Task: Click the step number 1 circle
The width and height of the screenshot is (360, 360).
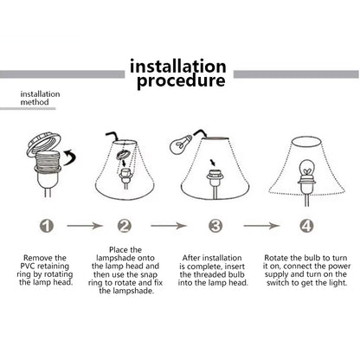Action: click(47, 226)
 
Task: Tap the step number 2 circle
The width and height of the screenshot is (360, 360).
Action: click(125, 226)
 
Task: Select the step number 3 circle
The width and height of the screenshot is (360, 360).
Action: click(215, 226)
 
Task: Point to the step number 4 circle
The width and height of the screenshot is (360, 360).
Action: click(306, 226)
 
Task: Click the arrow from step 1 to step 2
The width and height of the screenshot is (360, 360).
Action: click(85, 226)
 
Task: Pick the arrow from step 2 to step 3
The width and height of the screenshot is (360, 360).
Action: click(169, 226)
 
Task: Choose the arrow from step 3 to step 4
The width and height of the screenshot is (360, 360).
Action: click(262, 226)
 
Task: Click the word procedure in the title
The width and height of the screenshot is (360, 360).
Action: click(181, 80)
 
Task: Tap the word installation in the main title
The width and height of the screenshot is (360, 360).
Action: click(178, 66)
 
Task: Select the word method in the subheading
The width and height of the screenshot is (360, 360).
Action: click(35, 102)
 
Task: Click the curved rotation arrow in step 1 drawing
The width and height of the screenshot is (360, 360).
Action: click(70, 157)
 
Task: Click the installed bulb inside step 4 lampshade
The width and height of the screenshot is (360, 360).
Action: click(306, 168)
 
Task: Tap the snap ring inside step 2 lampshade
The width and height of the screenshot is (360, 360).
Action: click(124, 155)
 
